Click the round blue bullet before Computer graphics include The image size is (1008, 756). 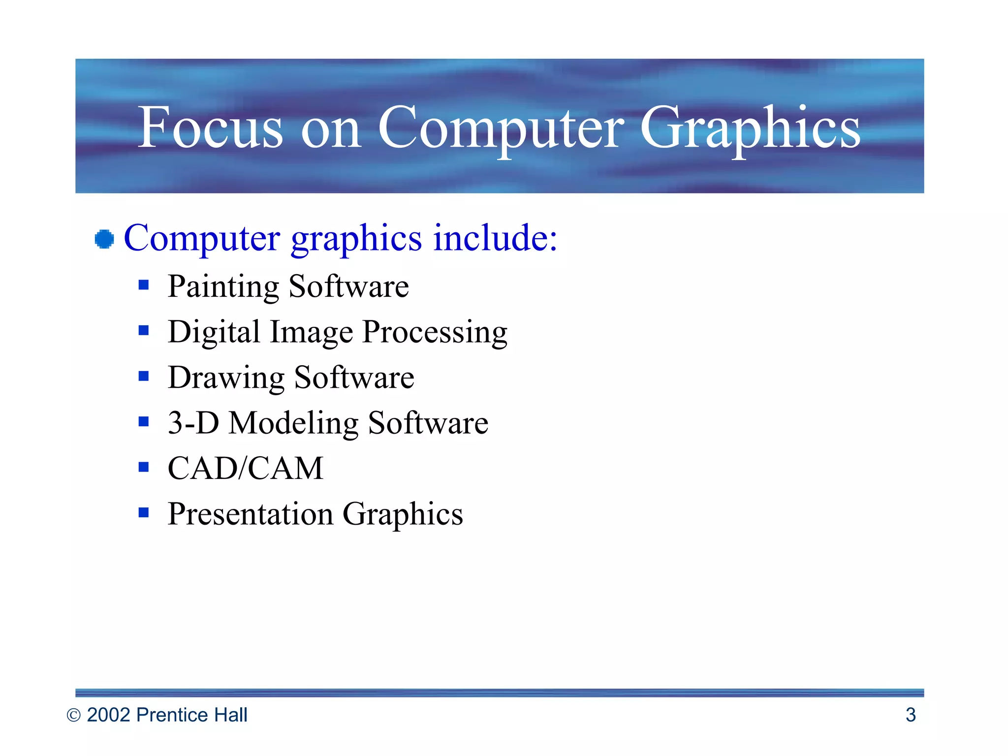[104, 239]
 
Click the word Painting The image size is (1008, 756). [223, 286]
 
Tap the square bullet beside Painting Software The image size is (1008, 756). [144, 285]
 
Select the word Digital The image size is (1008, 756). [214, 332]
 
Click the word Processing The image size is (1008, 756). [435, 332]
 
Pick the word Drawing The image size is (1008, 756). [226, 378]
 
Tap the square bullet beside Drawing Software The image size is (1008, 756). [144, 376]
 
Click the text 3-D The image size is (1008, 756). [193, 423]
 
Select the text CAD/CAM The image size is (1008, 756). [245, 468]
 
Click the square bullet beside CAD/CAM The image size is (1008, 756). [144, 467]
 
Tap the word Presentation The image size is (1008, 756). [250, 514]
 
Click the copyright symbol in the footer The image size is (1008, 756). [73, 715]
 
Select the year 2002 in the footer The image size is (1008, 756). [109, 715]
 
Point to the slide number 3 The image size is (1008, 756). [911, 715]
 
